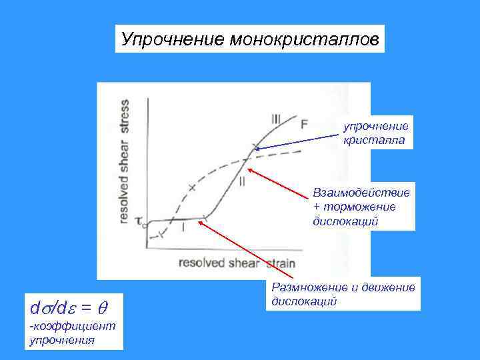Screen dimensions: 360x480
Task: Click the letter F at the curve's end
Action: tap(303, 124)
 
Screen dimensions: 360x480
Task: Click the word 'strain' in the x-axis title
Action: tap(279, 263)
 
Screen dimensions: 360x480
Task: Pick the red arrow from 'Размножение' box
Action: tap(233, 253)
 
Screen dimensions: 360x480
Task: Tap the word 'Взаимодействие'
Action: tap(361, 193)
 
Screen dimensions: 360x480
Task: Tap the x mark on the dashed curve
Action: tap(193, 187)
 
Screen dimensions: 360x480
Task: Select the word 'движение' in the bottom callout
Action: tap(393, 287)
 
